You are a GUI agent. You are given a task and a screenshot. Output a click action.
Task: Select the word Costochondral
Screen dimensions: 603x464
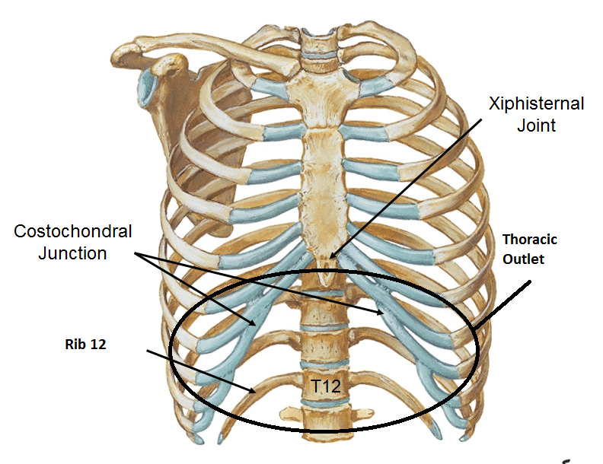(72, 231)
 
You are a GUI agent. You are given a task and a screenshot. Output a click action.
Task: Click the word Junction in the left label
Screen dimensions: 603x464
(72, 253)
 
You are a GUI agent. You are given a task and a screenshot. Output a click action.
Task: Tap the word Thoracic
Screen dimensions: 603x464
(529, 240)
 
